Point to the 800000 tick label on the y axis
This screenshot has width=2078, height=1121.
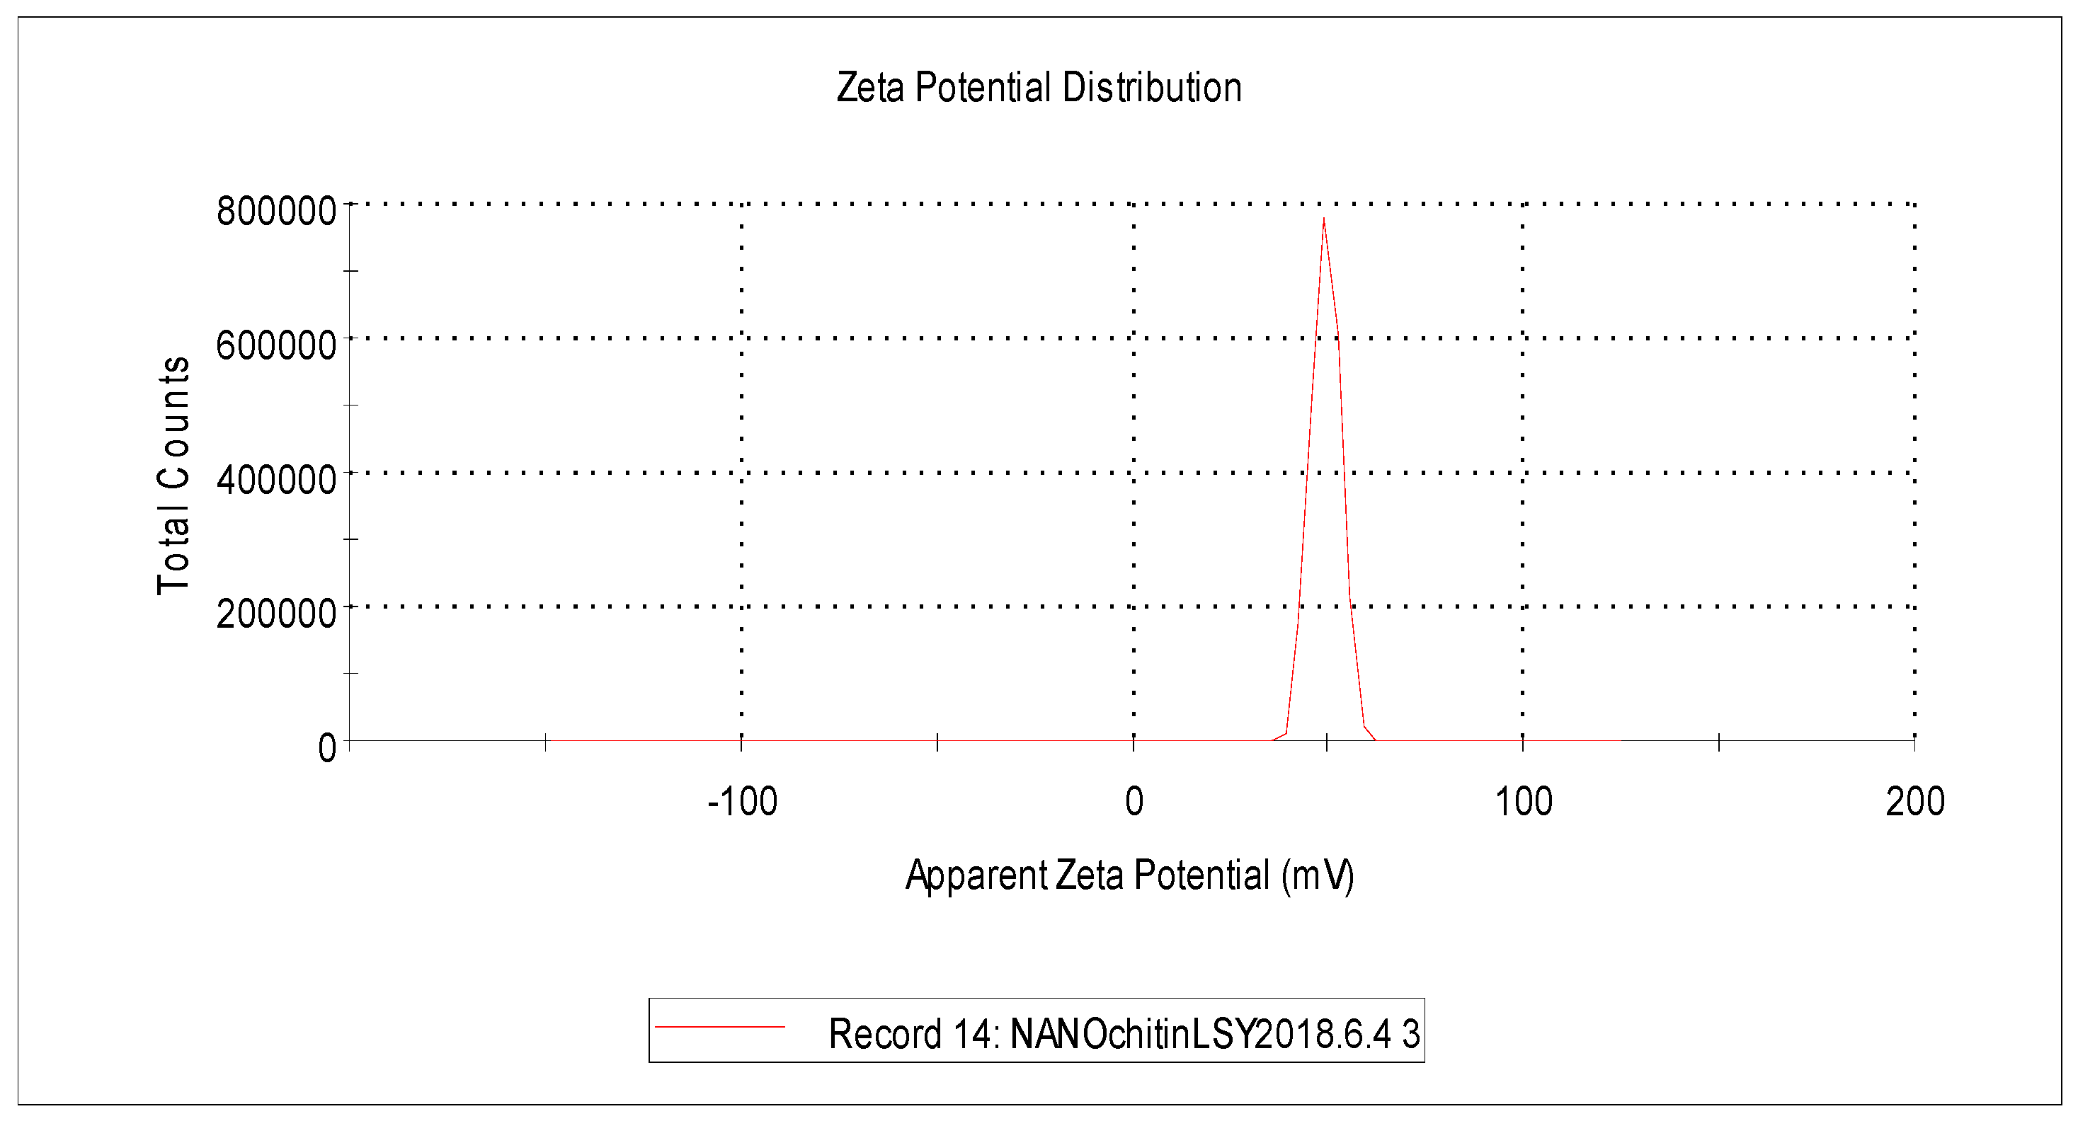276,212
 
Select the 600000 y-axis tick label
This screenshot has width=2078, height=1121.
276,345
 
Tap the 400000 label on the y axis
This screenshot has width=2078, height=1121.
276,480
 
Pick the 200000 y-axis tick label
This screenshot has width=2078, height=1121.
276,614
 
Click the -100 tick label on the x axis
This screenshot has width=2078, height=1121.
742,802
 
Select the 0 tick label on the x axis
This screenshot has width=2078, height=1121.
1134,802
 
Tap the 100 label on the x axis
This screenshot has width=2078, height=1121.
1523,802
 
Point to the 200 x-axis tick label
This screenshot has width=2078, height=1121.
1915,802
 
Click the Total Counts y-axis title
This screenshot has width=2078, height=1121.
173,476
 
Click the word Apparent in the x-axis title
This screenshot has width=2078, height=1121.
976,876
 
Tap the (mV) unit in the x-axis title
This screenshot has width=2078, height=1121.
1318,876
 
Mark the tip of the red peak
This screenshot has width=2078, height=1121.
1324,219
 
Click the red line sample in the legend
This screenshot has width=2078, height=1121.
719,1027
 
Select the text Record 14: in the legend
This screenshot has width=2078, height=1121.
914,1034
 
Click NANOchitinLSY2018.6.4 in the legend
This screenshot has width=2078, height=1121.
1200,1034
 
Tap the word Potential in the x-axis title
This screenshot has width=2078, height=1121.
1202,876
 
